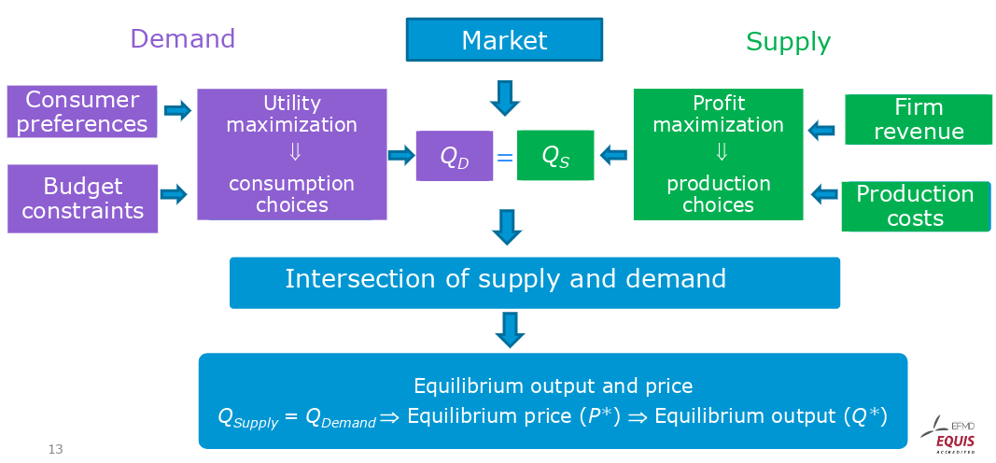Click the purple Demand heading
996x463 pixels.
coord(182,38)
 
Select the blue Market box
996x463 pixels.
coord(504,40)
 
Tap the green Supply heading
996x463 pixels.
coord(788,41)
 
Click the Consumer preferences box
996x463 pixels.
coord(82,112)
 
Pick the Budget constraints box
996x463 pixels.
coord(83,198)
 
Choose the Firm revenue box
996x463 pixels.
coord(918,119)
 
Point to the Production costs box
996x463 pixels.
coord(915,206)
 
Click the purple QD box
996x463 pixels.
coord(455,156)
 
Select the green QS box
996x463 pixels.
coord(555,155)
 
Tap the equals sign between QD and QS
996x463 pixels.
coord(505,157)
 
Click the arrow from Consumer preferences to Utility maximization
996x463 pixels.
coord(177,112)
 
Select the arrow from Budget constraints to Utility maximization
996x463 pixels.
coord(175,194)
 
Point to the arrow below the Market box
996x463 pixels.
coord(504,97)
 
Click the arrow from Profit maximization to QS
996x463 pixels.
coord(613,155)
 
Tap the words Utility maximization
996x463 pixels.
coord(291,113)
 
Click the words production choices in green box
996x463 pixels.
coord(718,194)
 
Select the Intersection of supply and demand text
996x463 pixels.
coord(505,278)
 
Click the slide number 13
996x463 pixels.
coord(55,450)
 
